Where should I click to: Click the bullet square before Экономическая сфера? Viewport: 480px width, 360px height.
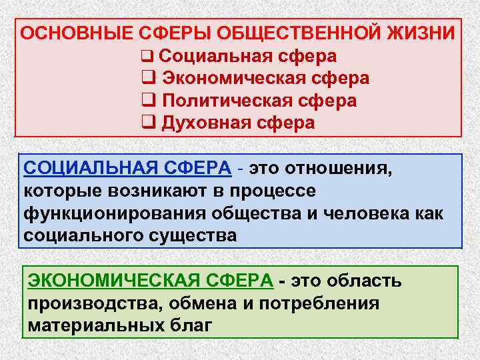pyautogui.click(x=149, y=78)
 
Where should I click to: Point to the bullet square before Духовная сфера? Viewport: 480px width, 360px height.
pyautogui.click(x=149, y=123)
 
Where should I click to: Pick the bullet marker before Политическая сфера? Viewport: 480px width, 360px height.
pyautogui.click(x=149, y=101)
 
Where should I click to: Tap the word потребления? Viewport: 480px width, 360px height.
pyautogui.click(x=323, y=303)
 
